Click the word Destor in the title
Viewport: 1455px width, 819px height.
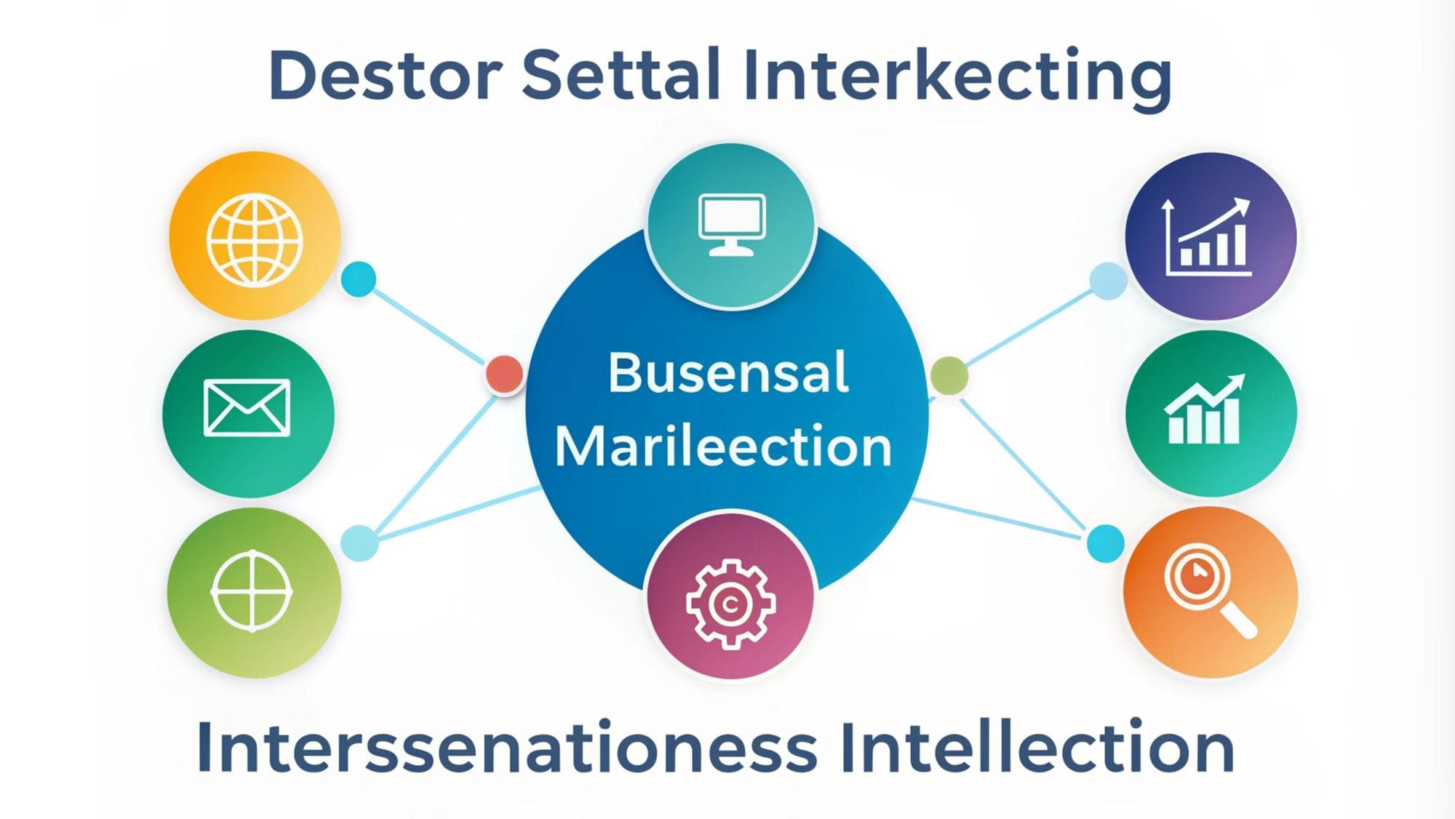pyautogui.click(x=386, y=75)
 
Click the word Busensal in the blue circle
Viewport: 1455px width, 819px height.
pyautogui.click(x=728, y=372)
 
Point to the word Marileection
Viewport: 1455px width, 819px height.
pyautogui.click(x=723, y=445)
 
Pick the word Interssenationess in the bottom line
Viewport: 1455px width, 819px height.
pyautogui.click(x=507, y=748)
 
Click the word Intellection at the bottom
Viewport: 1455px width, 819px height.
pyautogui.click(x=1037, y=747)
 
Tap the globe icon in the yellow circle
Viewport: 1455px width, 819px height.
pyautogui.click(x=255, y=238)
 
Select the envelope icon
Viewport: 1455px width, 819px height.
pyautogui.click(x=247, y=407)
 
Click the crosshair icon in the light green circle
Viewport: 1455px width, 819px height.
pyautogui.click(x=252, y=591)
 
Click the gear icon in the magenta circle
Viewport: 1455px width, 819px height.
pyautogui.click(x=730, y=604)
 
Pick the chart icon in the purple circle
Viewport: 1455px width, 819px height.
pyautogui.click(x=1208, y=237)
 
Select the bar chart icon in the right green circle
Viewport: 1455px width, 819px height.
pyautogui.click(x=1205, y=409)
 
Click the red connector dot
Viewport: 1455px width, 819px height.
pyautogui.click(x=504, y=374)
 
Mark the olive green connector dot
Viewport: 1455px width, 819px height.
pyautogui.click(x=949, y=376)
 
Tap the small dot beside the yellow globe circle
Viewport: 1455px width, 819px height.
pyautogui.click(x=359, y=279)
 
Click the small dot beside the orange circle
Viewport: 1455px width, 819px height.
pyautogui.click(x=1106, y=543)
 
